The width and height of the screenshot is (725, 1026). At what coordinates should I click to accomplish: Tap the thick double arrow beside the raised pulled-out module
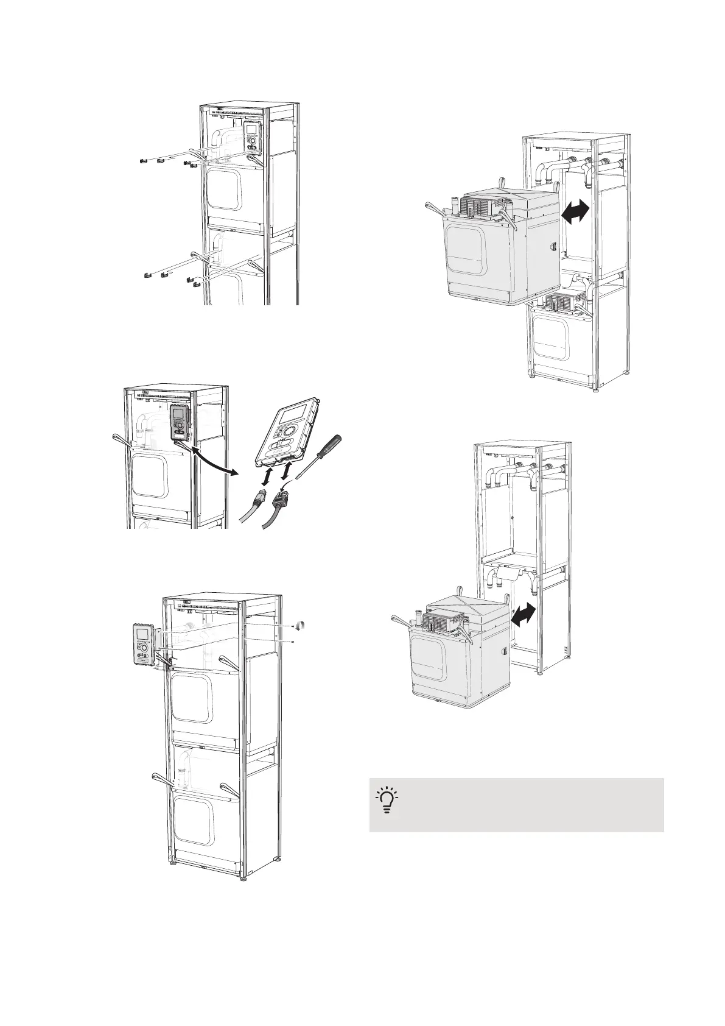point(575,215)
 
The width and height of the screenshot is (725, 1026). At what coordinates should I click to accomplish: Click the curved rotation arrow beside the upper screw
point(300,626)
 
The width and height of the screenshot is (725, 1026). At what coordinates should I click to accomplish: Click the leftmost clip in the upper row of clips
point(141,161)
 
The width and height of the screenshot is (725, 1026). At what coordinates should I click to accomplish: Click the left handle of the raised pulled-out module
point(435,208)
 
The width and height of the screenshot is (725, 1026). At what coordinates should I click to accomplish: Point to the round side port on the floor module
point(503,651)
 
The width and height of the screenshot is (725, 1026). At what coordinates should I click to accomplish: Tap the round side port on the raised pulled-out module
point(554,248)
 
